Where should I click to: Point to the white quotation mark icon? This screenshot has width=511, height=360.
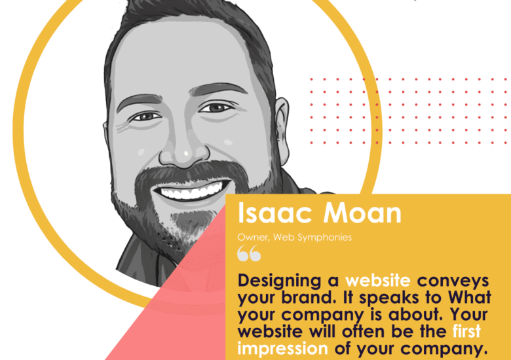[x=249, y=253]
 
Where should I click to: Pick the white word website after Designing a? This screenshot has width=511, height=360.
[x=378, y=281]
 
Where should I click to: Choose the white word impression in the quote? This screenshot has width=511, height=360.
[x=282, y=348]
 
